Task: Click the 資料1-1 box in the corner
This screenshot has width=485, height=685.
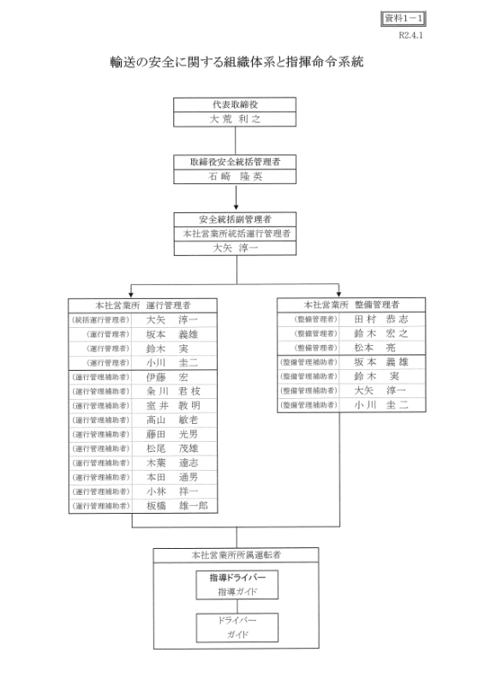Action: (403, 18)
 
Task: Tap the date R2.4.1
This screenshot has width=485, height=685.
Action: (410, 35)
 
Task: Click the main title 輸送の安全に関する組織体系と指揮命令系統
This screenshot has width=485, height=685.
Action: (237, 62)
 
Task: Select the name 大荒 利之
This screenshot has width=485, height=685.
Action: (235, 119)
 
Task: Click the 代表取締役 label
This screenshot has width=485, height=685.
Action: (235, 104)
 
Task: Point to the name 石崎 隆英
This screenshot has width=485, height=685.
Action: (235, 176)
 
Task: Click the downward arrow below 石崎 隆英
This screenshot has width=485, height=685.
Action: (236, 198)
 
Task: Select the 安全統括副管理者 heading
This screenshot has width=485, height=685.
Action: (235, 219)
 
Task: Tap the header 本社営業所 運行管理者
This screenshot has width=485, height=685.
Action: (143, 305)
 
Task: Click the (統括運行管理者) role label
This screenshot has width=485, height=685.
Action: (100, 319)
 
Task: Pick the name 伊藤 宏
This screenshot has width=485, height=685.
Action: (167, 377)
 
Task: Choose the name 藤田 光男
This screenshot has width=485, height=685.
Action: (172, 434)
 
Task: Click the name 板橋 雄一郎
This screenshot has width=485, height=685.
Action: (177, 506)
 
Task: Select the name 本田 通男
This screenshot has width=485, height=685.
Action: (172, 477)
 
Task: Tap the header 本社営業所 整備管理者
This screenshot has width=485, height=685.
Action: (351, 304)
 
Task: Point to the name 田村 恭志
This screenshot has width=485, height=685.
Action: (381, 319)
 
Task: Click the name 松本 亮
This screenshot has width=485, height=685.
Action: (374, 348)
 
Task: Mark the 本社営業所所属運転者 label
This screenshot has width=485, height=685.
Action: (237, 555)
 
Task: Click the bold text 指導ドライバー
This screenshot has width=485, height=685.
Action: (237, 577)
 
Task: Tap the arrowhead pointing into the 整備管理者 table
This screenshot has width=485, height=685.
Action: (338, 294)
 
